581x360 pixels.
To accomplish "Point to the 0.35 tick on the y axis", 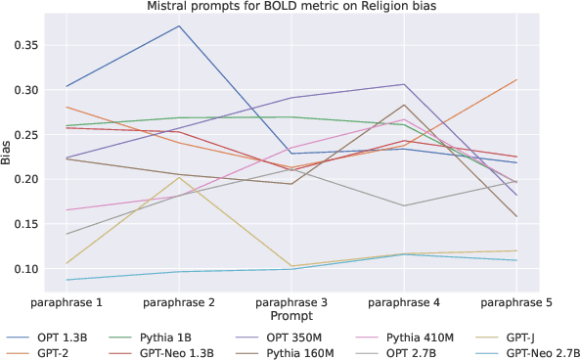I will [23, 45].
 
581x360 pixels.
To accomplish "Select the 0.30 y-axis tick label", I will [23, 90].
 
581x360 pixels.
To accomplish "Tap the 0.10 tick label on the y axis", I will [23, 269].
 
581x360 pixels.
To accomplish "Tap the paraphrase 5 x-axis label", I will [516, 302].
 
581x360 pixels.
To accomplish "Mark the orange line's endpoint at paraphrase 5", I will [516, 80].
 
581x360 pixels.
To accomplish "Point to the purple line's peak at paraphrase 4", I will [404, 84].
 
